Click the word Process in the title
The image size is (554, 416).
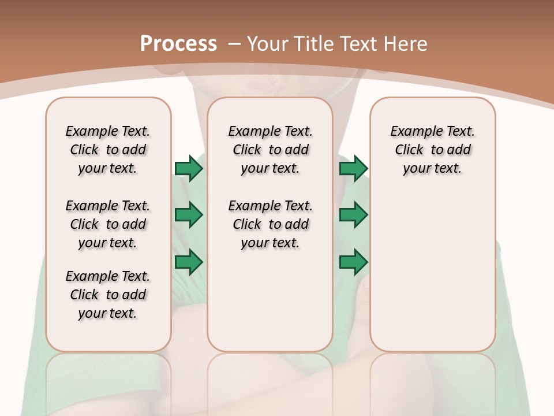178,44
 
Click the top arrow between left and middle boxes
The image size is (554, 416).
189,169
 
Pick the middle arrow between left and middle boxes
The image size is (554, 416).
189,216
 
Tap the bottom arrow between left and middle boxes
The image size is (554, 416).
189,262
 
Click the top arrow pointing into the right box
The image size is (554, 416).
353,169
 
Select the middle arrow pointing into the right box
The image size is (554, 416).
353,216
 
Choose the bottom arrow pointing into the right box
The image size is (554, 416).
353,262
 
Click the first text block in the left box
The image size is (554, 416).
108,150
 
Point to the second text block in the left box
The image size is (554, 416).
108,224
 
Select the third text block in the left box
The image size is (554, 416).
108,295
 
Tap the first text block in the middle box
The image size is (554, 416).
270,150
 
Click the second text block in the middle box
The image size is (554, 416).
270,224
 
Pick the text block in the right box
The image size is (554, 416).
432,150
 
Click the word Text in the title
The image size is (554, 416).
357,44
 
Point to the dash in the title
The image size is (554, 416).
234,44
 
